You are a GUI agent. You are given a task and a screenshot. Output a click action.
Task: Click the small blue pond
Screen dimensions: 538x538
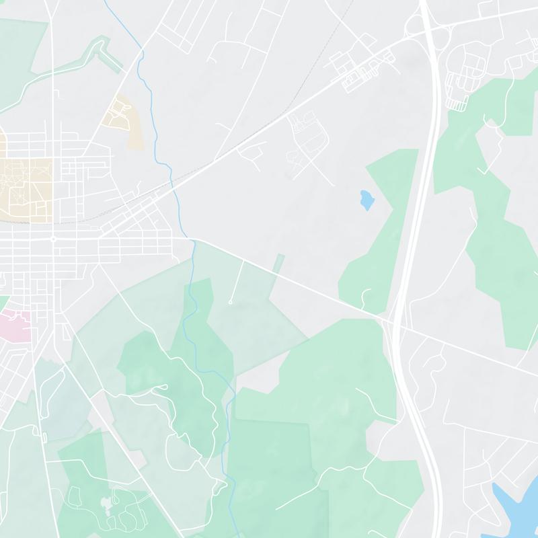pyautogui.click(x=367, y=200)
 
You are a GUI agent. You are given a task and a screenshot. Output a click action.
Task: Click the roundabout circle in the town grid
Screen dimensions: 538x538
pyautogui.click(x=52, y=239)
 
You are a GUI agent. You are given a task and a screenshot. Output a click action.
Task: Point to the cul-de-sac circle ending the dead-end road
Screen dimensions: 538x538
pyautogui.click(x=230, y=303)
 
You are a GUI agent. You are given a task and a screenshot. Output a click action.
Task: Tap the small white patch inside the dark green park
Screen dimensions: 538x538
pyautogui.click(x=106, y=502)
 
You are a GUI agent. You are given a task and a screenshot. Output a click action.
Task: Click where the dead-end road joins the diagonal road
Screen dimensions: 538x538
pyautogui.click(x=243, y=261)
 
